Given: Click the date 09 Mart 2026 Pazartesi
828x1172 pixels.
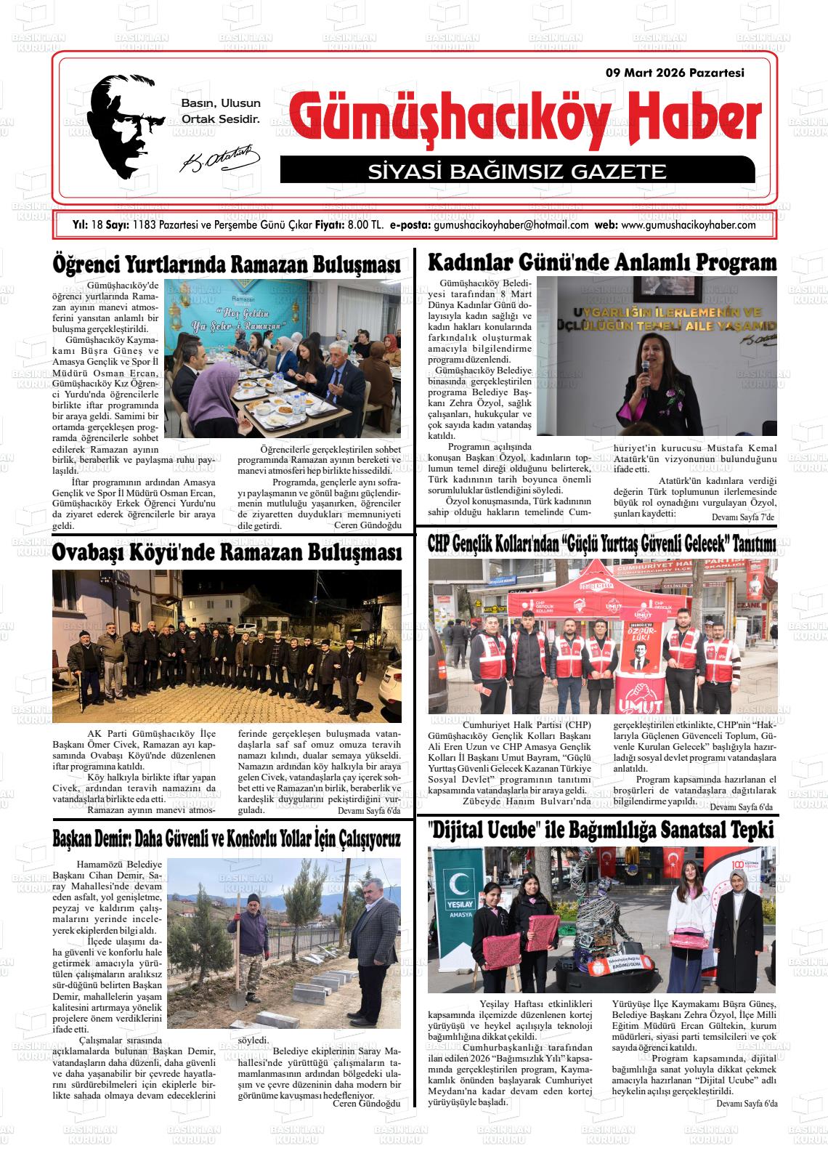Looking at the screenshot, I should pyautogui.click(x=675, y=73).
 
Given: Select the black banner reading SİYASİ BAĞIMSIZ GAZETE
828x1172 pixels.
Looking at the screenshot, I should pyautogui.click(x=516, y=171).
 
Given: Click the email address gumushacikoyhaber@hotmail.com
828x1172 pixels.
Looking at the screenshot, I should pyautogui.click(x=511, y=225).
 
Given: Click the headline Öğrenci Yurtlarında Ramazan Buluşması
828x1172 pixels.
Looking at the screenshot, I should pyautogui.click(x=227, y=264).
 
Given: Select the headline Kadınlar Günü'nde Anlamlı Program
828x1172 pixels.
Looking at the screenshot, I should pyautogui.click(x=602, y=262).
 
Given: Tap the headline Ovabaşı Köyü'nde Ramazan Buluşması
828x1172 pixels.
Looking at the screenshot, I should pyautogui.click(x=227, y=553).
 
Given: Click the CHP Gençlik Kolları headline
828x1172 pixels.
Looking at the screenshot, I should pyautogui.click(x=602, y=544).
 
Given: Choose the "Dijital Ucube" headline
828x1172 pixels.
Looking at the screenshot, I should pyautogui.click(x=601, y=830).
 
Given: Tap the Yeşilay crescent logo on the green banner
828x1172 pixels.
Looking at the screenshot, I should pyautogui.click(x=460, y=885).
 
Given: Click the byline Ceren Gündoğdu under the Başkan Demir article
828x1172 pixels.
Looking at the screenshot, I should pyautogui.click(x=366, y=1104).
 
